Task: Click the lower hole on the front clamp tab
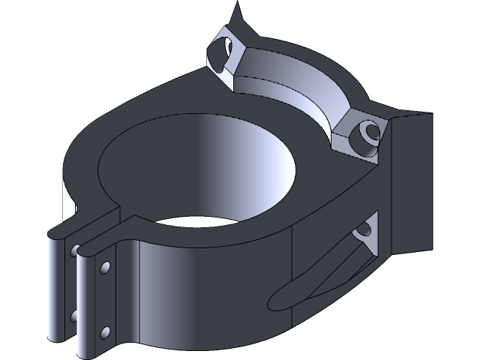point(104,330)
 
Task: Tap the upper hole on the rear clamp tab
point(76,250)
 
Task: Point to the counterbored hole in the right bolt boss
point(369,133)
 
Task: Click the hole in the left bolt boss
point(218,54)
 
